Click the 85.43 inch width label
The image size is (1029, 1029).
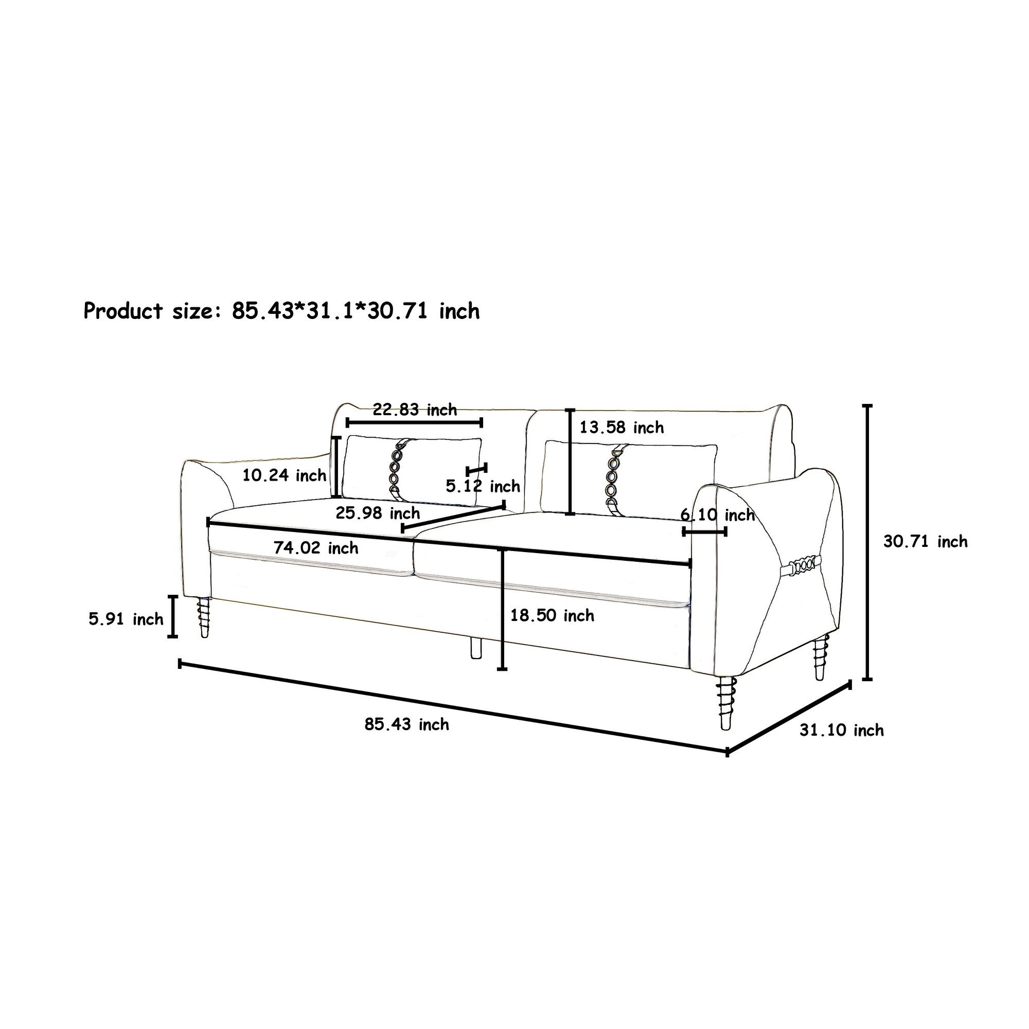coord(407,724)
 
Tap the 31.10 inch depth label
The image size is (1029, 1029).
coord(842,730)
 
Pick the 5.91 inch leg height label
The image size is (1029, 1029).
coord(126,619)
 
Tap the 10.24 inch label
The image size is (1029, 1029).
coord(285,475)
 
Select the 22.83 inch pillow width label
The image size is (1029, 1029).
coord(415,410)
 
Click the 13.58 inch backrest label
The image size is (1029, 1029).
coord(622,427)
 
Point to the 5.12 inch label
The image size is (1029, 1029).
coord(483,486)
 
